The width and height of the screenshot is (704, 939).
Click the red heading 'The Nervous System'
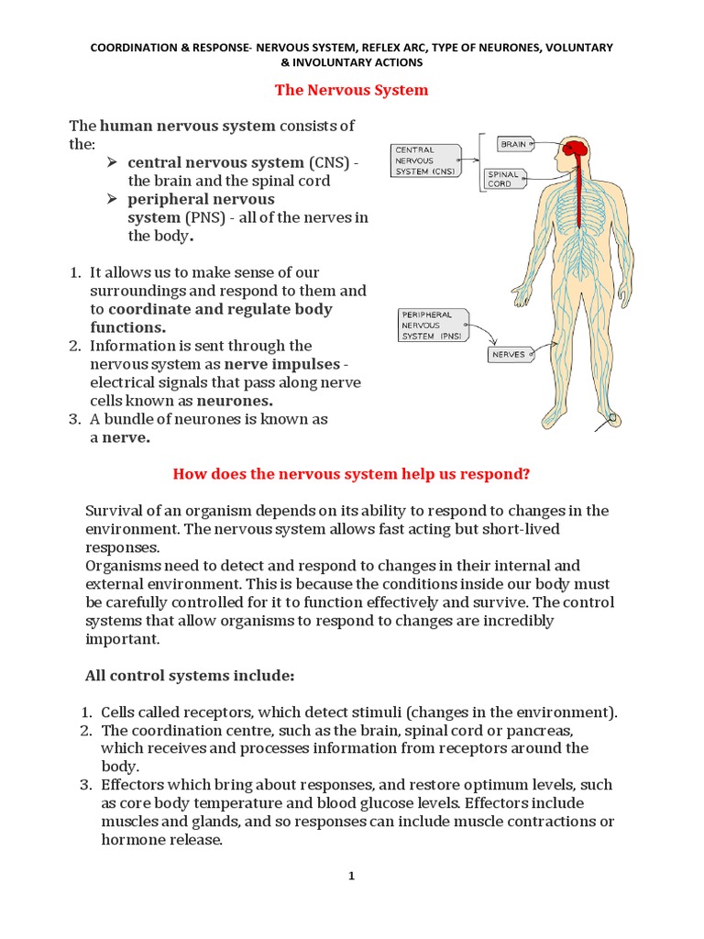coord(352,90)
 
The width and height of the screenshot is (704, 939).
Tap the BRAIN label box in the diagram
coord(513,144)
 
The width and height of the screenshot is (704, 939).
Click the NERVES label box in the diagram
coord(509,354)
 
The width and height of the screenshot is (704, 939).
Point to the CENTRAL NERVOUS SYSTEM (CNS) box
coord(425,160)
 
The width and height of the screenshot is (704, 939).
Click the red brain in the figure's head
coord(576,148)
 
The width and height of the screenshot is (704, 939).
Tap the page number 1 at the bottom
coord(351,876)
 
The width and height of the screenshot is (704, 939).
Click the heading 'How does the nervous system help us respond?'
coord(352,474)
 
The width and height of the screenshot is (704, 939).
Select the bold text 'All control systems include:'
coord(190,676)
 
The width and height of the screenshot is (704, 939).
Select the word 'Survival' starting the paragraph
coord(114,511)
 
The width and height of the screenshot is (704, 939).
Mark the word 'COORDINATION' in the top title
coord(134,47)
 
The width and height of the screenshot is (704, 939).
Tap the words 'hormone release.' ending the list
coord(162,840)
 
